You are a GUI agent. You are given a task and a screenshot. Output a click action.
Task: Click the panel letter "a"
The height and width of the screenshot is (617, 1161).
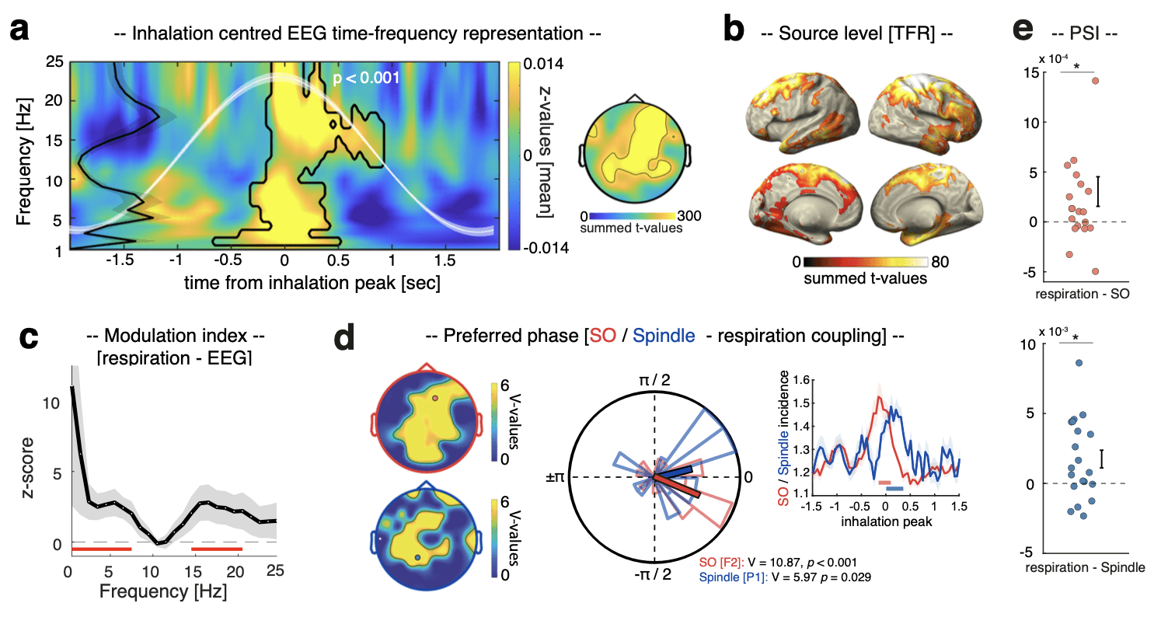(21, 33)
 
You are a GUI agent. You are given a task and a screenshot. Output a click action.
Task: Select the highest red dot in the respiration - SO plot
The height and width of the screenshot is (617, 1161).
(1095, 80)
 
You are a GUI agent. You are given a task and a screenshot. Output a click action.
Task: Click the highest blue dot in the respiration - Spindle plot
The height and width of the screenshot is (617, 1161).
(1079, 363)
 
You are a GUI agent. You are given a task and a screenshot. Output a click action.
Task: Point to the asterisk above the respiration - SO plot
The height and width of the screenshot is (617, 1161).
(1077, 67)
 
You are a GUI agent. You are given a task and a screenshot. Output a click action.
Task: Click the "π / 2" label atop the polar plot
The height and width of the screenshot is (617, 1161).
(655, 380)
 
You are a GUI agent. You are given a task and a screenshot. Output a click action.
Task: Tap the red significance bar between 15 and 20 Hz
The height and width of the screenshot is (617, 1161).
(217, 549)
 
